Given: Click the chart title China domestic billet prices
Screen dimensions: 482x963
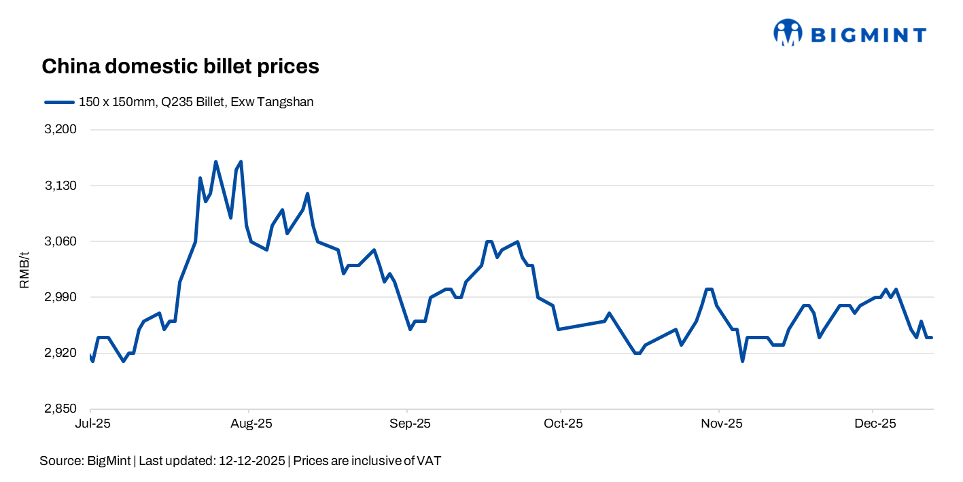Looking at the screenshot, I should point(180,66).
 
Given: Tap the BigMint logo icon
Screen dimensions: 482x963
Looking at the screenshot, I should point(788,33).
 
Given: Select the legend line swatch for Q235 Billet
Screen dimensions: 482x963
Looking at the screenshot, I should point(59,103).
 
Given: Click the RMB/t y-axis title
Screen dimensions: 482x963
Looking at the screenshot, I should point(24,269).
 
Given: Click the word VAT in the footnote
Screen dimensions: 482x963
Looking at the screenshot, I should point(429,461).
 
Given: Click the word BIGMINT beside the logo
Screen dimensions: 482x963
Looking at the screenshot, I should point(869,35).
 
